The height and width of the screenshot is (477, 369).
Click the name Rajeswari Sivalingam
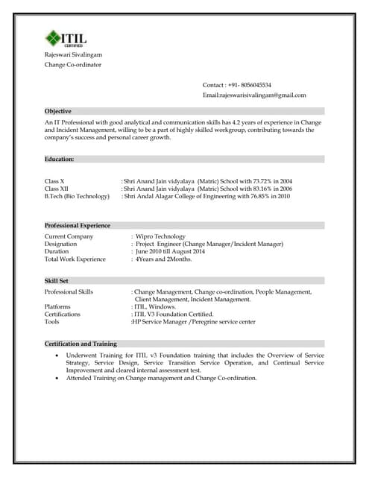(73, 55)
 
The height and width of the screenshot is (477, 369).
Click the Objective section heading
(58, 111)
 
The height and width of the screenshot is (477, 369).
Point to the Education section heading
(60, 159)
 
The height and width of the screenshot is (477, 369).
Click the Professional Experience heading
(78, 225)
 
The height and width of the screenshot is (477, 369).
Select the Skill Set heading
(57, 280)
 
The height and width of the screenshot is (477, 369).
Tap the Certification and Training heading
(81, 344)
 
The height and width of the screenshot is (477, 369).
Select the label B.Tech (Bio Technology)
(77, 196)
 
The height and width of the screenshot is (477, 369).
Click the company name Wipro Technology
(160, 236)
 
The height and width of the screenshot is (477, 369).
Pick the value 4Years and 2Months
(163, 259)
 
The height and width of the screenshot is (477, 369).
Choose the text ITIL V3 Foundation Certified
(172, 314)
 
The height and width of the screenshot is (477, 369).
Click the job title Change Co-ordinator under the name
(73, 66)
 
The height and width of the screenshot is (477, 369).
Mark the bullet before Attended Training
(58, 378)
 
